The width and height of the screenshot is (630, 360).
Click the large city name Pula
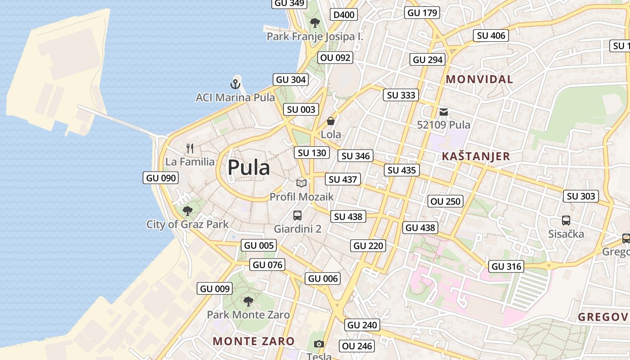[x=248, y=168]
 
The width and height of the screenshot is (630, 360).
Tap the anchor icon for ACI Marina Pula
[x=235, y=84]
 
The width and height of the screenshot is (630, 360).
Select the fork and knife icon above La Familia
[x=190, y=148]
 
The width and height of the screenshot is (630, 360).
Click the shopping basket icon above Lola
[x=331, y=121]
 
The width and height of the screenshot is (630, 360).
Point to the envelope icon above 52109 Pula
[x=444, y=112]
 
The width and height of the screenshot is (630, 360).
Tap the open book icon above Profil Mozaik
[x=301, y=183]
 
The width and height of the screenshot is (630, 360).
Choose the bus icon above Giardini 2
[x=297, y=215]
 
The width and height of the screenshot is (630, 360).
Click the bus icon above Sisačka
[x=566, y=220]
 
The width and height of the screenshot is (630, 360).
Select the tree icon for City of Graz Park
[x=187, y=211]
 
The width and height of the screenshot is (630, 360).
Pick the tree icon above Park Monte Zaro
[x=248, y=301]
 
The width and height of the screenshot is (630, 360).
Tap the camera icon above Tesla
[x=319, y=344]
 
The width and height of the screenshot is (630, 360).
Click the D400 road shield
[x=344, y=15]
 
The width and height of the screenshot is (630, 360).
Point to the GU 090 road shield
[x=161, y=178]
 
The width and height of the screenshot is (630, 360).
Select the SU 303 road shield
[x=580, y=196]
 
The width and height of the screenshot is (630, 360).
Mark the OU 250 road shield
[x=445, y=201]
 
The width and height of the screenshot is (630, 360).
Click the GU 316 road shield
[x=506, y=266]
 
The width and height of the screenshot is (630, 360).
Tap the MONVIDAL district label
[x=479, y=80]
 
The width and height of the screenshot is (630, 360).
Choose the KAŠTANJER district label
[x=476, y=157]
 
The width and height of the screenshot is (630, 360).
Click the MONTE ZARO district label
[x=253, y=341]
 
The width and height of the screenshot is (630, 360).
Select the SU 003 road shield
[x=301, y=109]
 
